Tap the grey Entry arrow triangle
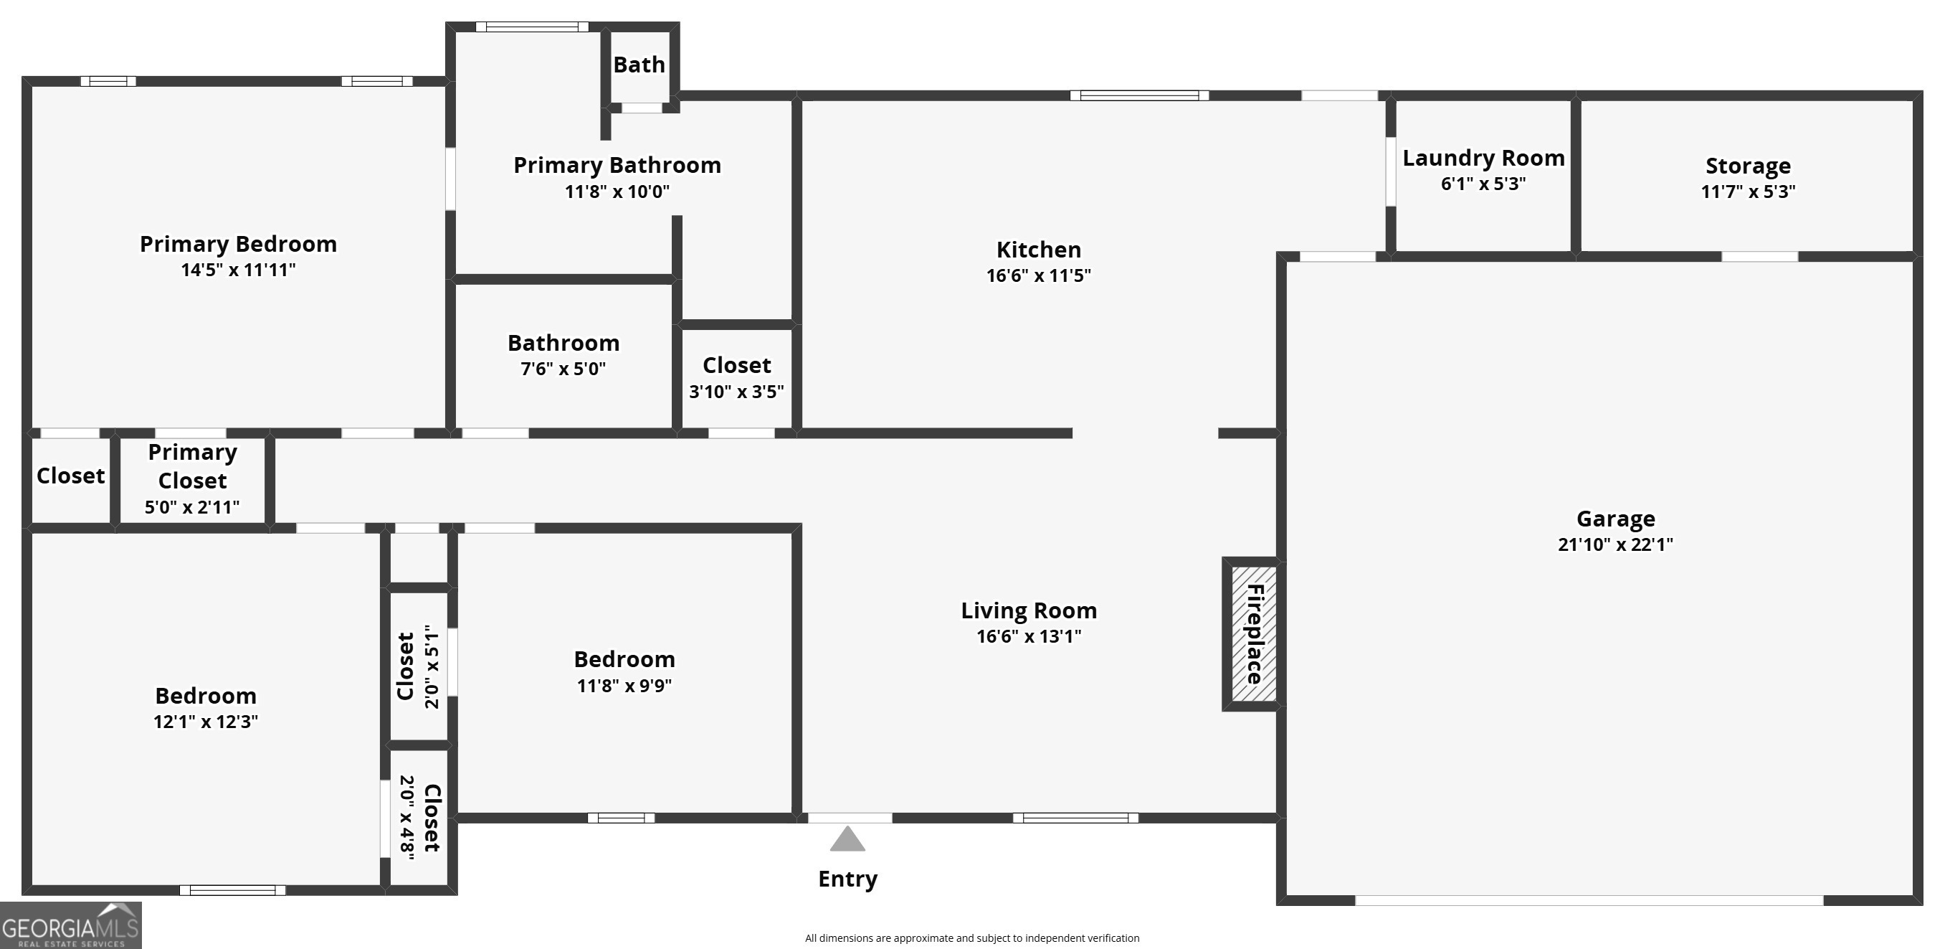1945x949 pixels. coord(847,839)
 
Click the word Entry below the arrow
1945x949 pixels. coord(848,879)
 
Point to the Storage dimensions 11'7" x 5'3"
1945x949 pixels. coord(1748,191)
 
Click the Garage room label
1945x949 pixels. coord(1616,519)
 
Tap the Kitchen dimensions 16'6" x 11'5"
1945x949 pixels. coord(1038,275)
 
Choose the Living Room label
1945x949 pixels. coord(1028,610)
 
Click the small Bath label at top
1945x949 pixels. coord(639,65)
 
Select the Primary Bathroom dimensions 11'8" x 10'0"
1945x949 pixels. coord(617,191)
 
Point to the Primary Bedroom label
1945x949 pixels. coord(238,244)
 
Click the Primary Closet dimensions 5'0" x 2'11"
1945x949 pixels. coord(192,507)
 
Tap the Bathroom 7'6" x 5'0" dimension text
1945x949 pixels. coord(563,369)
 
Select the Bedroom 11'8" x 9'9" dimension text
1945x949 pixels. coord(624,685)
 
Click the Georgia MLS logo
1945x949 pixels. coord(71,925)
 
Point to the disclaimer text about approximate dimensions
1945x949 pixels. coord(971,938)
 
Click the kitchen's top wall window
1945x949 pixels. coord(1139,95)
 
